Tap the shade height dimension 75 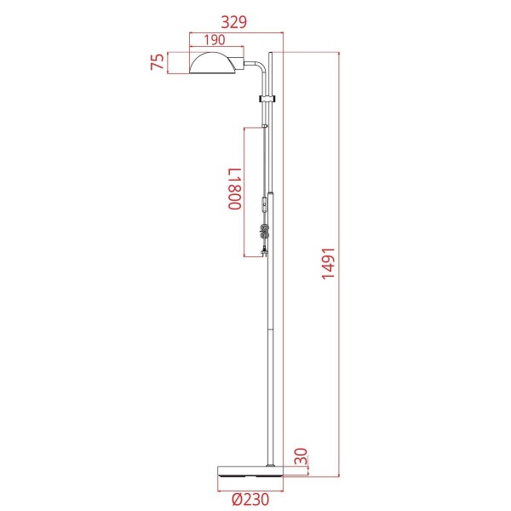point(157,64)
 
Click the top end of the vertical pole point(272,54)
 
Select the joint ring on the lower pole point(272,330)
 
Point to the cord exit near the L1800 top point(265,127)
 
